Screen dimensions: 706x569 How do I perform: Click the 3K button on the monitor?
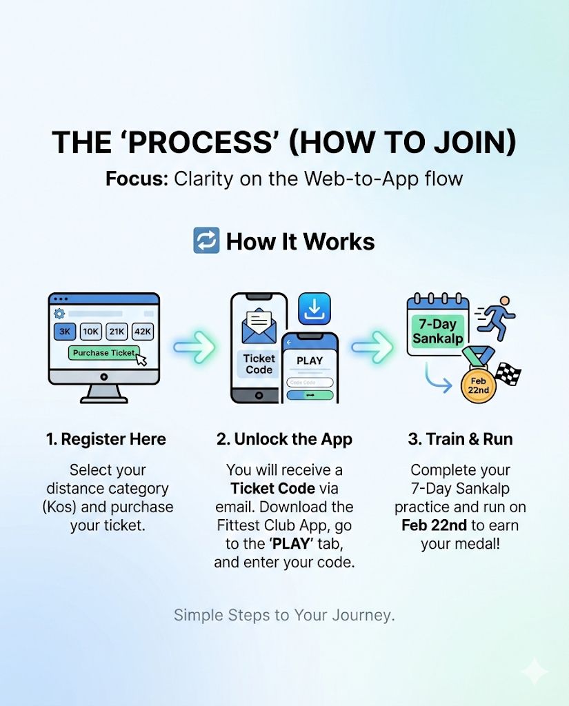coord(64,332)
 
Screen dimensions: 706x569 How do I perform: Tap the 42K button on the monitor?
coord(143,332)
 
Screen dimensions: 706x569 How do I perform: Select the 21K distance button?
coord(117,332)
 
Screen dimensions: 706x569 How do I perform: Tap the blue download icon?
coord(314,309)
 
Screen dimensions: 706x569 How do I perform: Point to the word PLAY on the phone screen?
coord(310,360)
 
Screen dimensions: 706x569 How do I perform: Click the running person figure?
coord(498,319)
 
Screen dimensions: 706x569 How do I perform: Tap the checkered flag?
coord(508,374)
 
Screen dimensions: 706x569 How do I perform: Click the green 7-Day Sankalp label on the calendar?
coord(437,331)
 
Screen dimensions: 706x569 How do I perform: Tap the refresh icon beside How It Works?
coord(206,241)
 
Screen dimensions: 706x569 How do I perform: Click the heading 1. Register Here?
coord(106,440)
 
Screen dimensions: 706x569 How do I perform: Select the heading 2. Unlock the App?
coord(283,440)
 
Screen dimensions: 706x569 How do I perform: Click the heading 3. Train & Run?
coord(460,440)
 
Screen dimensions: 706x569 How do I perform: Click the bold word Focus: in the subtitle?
coord(136,179)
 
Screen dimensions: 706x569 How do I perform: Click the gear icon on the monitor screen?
coord(59,314)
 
